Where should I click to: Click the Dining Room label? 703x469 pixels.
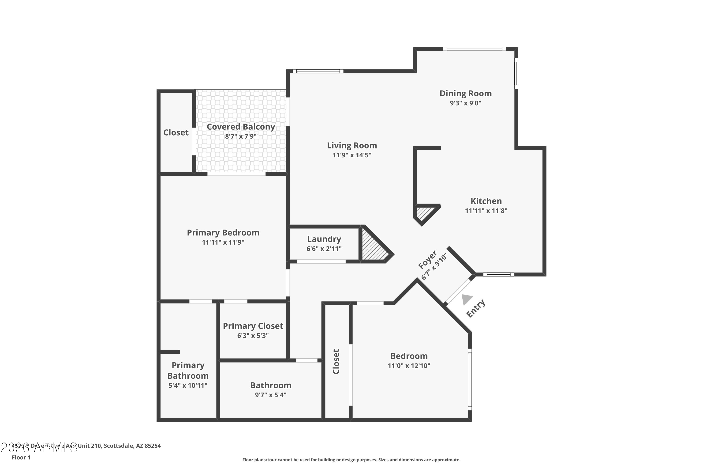point(465,94)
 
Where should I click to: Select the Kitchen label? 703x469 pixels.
point(486,201)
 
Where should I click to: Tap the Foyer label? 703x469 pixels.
point(427,260)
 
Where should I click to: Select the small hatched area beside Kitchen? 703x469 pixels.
point(423,213)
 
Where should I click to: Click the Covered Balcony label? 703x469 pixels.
point(241,127)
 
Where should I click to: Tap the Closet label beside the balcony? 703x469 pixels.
point(176,132)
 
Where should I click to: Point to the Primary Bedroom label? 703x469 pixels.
point(223,233)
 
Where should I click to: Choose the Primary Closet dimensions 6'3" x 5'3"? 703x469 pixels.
point(253,336)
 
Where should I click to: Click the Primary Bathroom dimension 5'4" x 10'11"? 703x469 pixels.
point(188,386)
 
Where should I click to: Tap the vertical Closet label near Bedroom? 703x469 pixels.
point(336,361)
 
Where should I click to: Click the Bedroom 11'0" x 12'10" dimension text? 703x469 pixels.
point(409,366)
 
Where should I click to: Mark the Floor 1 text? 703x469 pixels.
point(21,457)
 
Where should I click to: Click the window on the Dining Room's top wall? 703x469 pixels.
point(474,49)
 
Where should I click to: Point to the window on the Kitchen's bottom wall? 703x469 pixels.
point(499,275)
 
